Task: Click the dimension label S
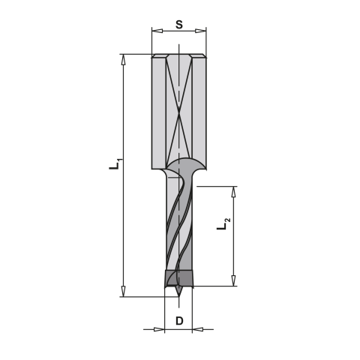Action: tap(179, 23)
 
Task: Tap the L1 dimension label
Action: tap(112, 164)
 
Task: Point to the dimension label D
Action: tap(179, 321)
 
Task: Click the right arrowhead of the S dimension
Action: tap(202, 31)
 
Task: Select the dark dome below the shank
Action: tap(180, 165)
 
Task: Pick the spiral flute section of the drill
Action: tap(179, 225)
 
